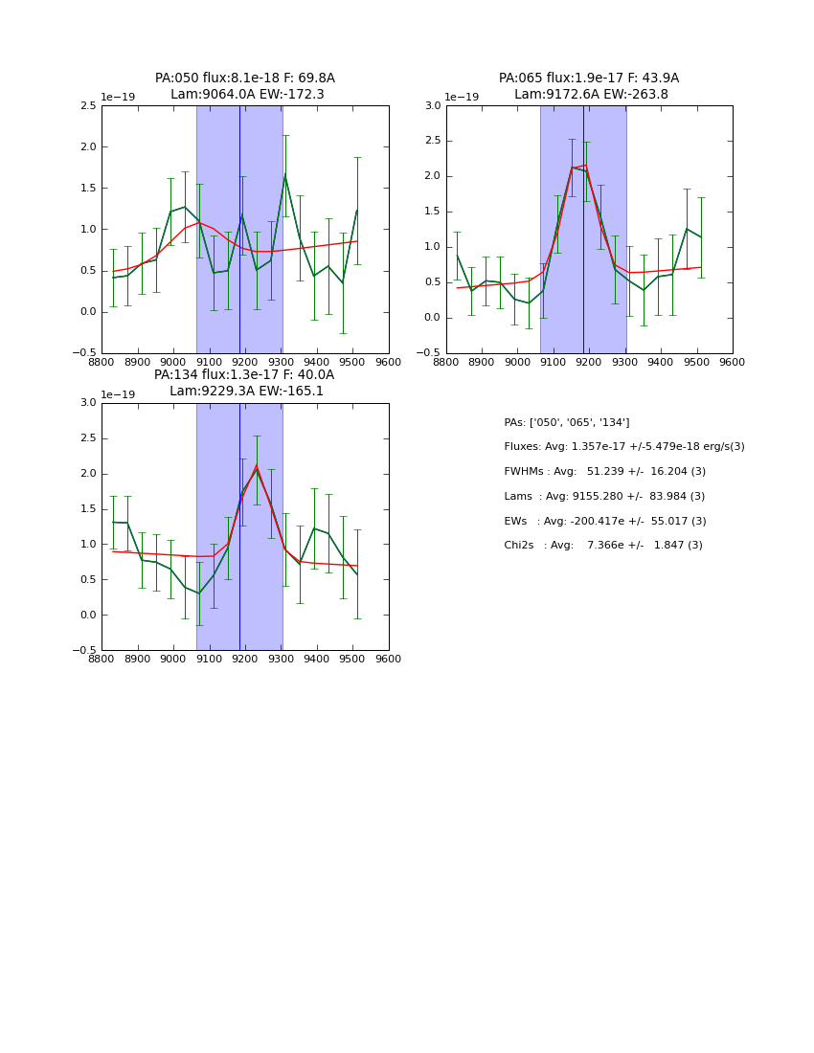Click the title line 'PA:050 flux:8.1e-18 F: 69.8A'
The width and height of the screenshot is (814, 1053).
[245, 78]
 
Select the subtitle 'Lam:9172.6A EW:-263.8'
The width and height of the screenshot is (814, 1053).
[591, 95]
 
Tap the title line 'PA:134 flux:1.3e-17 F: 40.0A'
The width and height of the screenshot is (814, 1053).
[244, 375]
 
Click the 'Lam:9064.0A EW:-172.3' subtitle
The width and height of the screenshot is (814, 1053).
[247, 95]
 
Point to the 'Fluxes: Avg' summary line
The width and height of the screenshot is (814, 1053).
[623, 447]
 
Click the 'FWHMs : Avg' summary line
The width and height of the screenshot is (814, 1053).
[604, 472]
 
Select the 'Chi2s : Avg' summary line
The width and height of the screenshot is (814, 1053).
[602, 546]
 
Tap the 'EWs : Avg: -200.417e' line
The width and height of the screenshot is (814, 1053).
[604, 521]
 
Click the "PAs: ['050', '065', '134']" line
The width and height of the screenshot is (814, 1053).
[566, 423]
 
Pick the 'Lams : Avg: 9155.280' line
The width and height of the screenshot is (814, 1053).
[604, 497]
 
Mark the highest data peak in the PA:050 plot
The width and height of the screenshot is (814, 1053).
[285, 175]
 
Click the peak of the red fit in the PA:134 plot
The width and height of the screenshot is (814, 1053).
[256, 466]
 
